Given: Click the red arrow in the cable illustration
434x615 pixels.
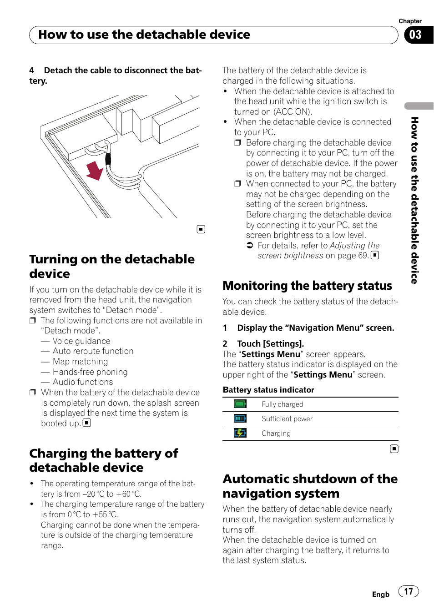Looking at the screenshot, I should coord(95,171).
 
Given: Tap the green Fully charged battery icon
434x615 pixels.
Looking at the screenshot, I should coord(240,404).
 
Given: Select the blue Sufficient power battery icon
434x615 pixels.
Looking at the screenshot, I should coord(240,418).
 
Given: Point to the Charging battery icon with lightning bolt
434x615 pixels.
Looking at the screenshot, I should coord(240,433).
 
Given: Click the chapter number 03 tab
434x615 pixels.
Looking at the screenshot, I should coord(415,35).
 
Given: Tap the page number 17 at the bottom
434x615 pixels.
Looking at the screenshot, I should coord(409,591).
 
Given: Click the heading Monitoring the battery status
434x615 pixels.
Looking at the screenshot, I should coord(307,286).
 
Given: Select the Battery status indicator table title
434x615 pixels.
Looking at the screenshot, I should coord(268,390).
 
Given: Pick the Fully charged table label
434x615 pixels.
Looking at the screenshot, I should coord(282,404).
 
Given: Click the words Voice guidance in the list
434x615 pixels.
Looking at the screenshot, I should coord(81,341).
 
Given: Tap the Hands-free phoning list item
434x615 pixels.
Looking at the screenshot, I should coord(90,372).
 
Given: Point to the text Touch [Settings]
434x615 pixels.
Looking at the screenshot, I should coord(270,344).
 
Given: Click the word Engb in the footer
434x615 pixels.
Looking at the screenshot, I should coord(380,595).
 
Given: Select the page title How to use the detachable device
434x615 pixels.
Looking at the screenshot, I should coord(144,35).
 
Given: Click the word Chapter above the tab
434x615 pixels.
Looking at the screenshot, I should coord(410,21).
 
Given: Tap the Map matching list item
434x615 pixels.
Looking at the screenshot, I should coord(80,362).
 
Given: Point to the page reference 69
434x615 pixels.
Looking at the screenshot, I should coord(363,256).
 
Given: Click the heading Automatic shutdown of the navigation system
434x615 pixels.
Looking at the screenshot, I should coord(310,486).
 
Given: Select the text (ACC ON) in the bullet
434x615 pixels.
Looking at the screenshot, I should coord(293,112).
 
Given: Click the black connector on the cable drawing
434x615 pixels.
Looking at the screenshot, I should coord(108,159).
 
